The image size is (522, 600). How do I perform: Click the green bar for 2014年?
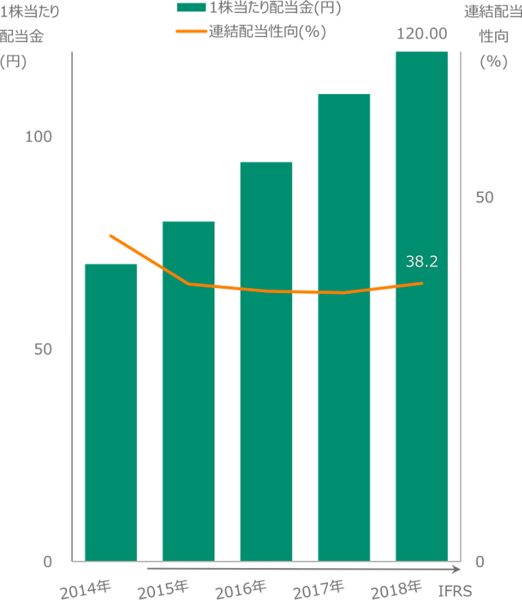coord(110,412)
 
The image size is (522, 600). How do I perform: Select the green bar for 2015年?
coord(188,391)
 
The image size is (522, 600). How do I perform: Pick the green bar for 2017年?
coord(343,327)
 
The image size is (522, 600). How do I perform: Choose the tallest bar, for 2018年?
coord(421,306)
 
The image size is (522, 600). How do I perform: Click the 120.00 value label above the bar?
coord(422,33)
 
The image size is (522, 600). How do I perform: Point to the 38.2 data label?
coord(422,261)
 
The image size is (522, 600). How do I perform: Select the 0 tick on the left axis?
coord(47,562)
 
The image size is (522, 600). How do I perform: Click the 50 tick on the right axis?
coord(484,198)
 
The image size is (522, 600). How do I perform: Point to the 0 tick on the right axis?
coord(480,562)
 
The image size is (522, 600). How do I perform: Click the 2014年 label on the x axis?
coord(86,588)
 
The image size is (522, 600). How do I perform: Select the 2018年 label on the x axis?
coord(396,588)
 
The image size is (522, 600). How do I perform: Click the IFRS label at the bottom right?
coord(455,589)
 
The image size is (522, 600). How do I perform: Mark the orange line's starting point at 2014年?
coord(110,235)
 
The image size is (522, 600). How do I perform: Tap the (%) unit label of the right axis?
coord(493,61)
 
